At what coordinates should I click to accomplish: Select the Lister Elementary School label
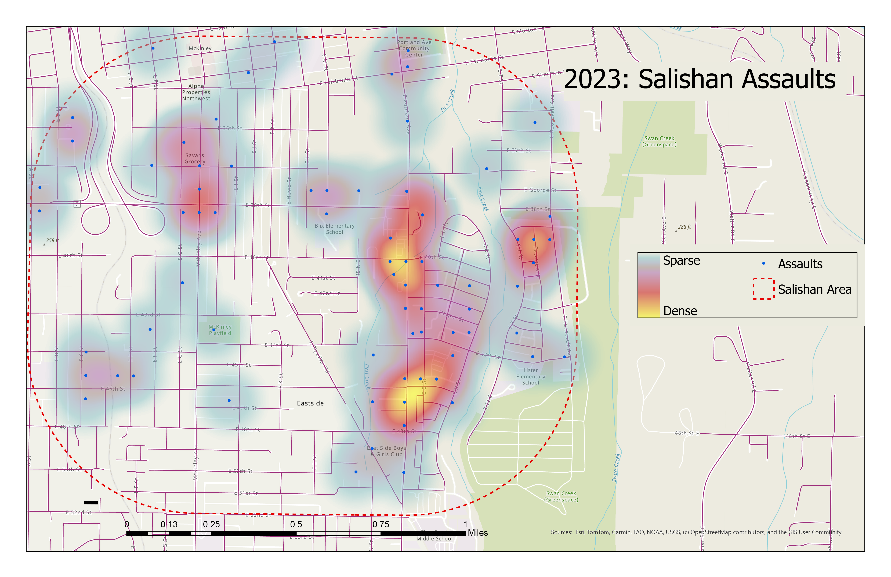tap(530, 377)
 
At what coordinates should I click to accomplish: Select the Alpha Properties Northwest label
tap(196, 92)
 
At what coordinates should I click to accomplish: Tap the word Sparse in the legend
tap(681, 260)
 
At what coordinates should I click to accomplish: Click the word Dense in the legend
tap(680, 311)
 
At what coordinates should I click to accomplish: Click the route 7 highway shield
tap(77, 204)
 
